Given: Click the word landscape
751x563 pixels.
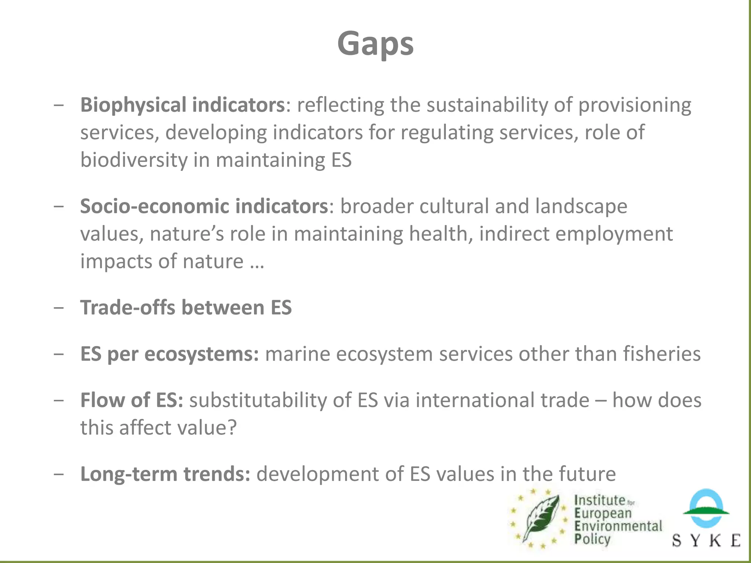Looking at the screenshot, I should (x=581, y=206).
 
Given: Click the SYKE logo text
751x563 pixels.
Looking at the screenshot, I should (x=706, y=540).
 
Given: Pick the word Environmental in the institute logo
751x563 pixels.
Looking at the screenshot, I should (x=618, y=526).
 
